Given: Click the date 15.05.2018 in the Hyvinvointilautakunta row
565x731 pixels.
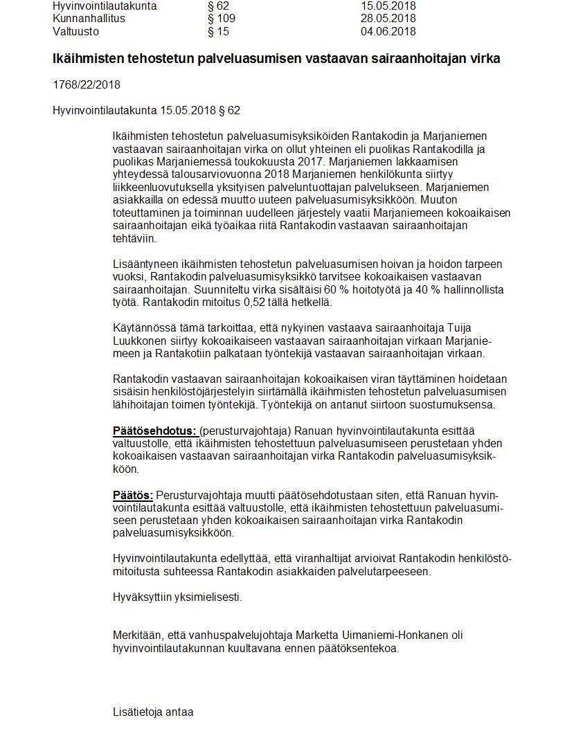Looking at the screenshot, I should tap(388, 6).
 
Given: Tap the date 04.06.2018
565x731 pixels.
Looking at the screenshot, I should tap(388, 32).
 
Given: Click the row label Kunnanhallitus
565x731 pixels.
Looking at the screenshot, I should tap(89, 19).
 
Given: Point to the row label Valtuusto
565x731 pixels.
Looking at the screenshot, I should tap(75, 32).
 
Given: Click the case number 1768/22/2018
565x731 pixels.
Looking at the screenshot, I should tap(87, 85).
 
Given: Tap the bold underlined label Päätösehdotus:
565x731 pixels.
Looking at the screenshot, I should tap(154, 431).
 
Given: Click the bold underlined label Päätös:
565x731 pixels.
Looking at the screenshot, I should tap(133, 496).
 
